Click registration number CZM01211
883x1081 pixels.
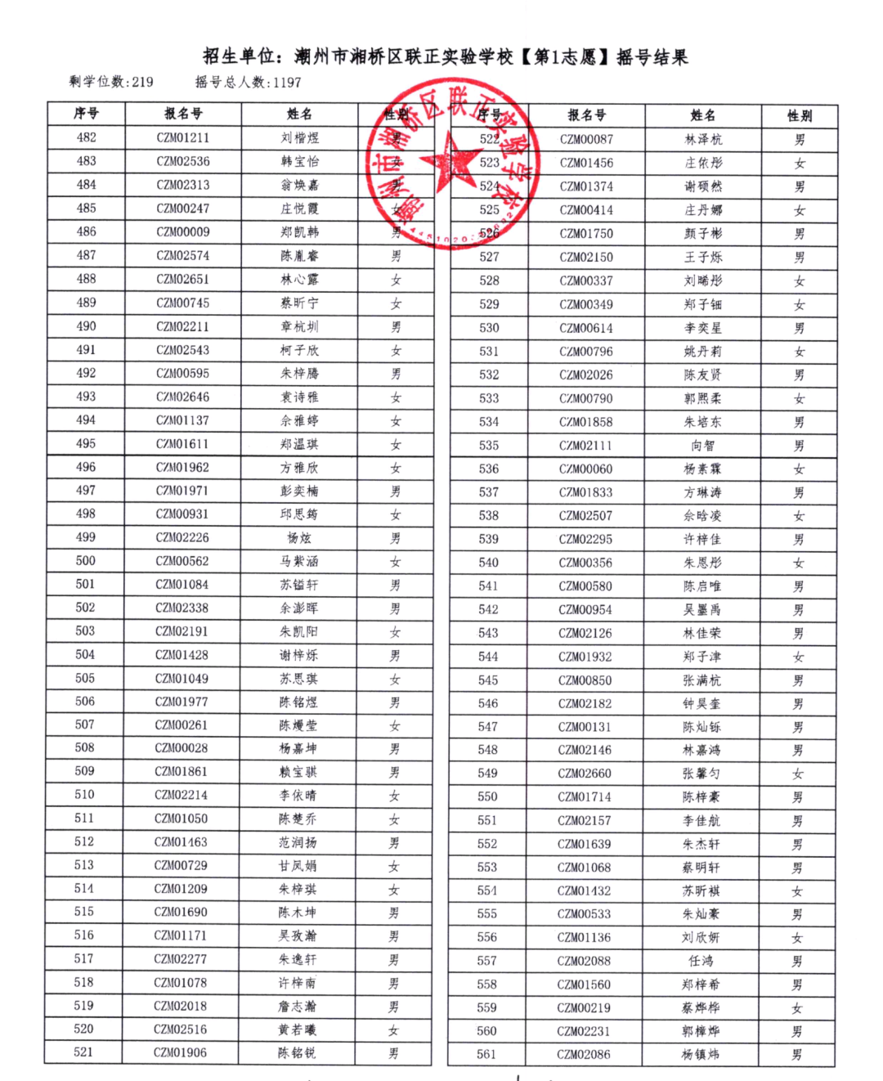pyautogui.click(x=183, y=137)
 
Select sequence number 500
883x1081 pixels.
pyautogui.click(x=86, y=561)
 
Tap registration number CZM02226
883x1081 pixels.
pyautogui.click(x=182, y=537)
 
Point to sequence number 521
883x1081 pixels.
pyautogui.click(x=83, y=1052)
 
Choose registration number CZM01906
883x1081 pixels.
pyautogui.click(x=181, y=1052)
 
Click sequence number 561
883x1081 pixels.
pyautogui.click(x=486, y=1054)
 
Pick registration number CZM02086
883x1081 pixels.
pyautogui.click(x=584, y=1054)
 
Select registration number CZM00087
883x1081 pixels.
pyautogui.click(x=586, y=139)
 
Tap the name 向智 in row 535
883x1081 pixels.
pyautogui.click(x=703, y=446)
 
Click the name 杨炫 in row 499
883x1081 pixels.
pyautogui.click(x=299, y=538)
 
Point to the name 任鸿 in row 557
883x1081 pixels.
pyautogui.click(x=701, y=961)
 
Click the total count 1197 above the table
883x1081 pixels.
pyautogui.click(x=287, y=82)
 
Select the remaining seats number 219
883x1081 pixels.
pyautogui.click(x=142, y=82)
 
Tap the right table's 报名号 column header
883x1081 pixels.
pyautogui.click(x=586, y=115)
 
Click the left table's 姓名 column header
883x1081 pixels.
pyautogui.click(x=299, y=114)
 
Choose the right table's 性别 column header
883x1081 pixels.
pyautogui.click(x=799, y=115)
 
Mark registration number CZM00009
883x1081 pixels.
pyautogui.click(x=183, y=232)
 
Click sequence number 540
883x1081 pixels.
pyautogui.click(x=489, y=563)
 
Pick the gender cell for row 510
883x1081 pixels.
pyautogui.click(x=394, y=796)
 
